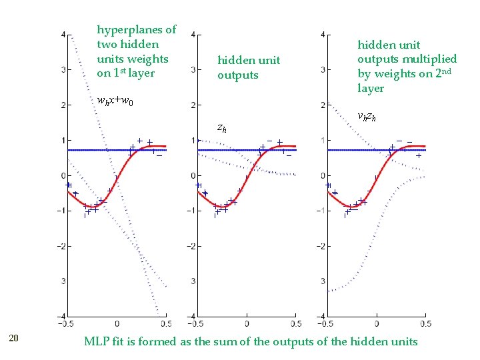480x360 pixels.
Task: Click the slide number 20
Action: (14, 339)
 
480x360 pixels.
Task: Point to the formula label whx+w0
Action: (115, 102)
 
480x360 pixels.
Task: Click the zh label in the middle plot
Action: (222, 127)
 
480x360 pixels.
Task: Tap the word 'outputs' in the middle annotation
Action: (237, 75)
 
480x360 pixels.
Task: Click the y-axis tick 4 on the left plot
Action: (63, 34)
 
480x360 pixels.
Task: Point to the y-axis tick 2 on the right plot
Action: (323, 105)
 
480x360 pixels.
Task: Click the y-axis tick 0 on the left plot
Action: (63, 175)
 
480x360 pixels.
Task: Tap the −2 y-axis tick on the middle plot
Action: (191, 246)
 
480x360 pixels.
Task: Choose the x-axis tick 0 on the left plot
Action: (117, 324)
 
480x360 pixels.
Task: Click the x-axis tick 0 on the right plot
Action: (377, 324)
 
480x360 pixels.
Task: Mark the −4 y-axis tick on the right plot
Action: (321, 316)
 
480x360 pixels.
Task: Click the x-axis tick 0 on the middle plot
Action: (247, 324)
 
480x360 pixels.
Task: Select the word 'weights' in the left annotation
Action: (149, 59)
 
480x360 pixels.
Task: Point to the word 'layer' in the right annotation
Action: (371, 89)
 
